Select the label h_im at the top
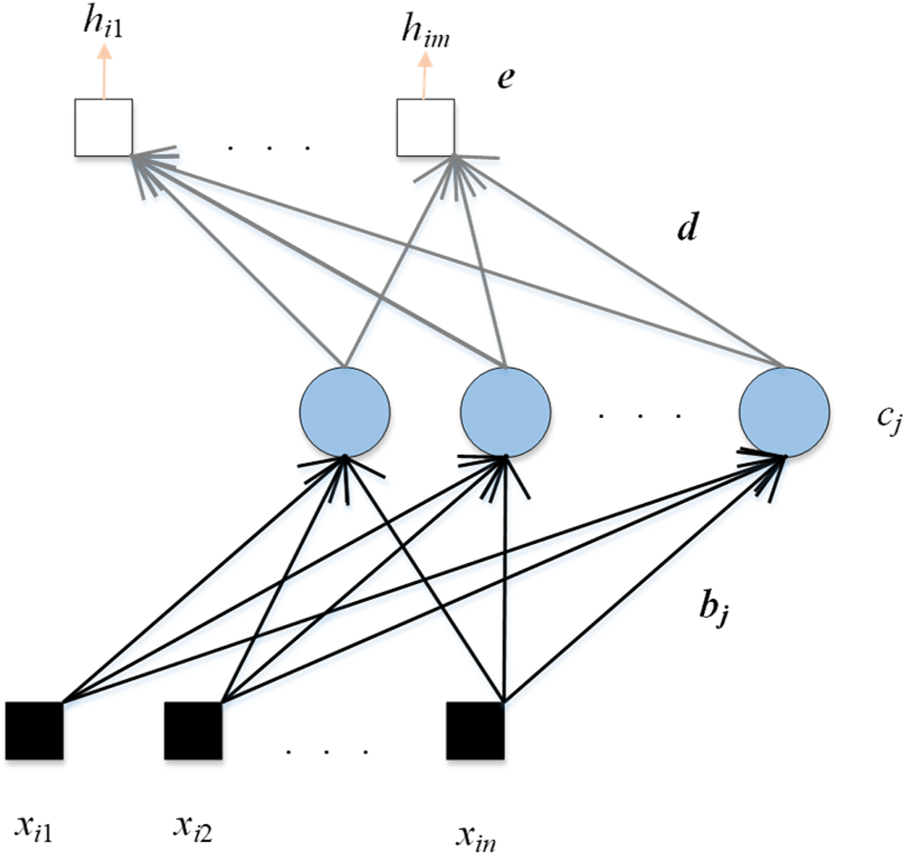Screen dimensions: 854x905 point(425,30)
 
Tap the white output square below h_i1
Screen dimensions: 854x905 point(103,128)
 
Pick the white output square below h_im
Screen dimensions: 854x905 point(425,128)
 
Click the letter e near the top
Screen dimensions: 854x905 point(505,79)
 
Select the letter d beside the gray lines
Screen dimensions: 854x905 point(687,228)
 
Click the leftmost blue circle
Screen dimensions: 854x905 point(345,412)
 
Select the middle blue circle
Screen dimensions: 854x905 point(505,412)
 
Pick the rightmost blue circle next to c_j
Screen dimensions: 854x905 point(784,412)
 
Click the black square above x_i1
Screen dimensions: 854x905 point(35,731)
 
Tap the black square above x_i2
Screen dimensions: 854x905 point(193,731)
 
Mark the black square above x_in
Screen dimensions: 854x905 point(475,731)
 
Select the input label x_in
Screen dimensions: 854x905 point(476,835)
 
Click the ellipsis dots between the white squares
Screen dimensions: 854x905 point(269,147)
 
